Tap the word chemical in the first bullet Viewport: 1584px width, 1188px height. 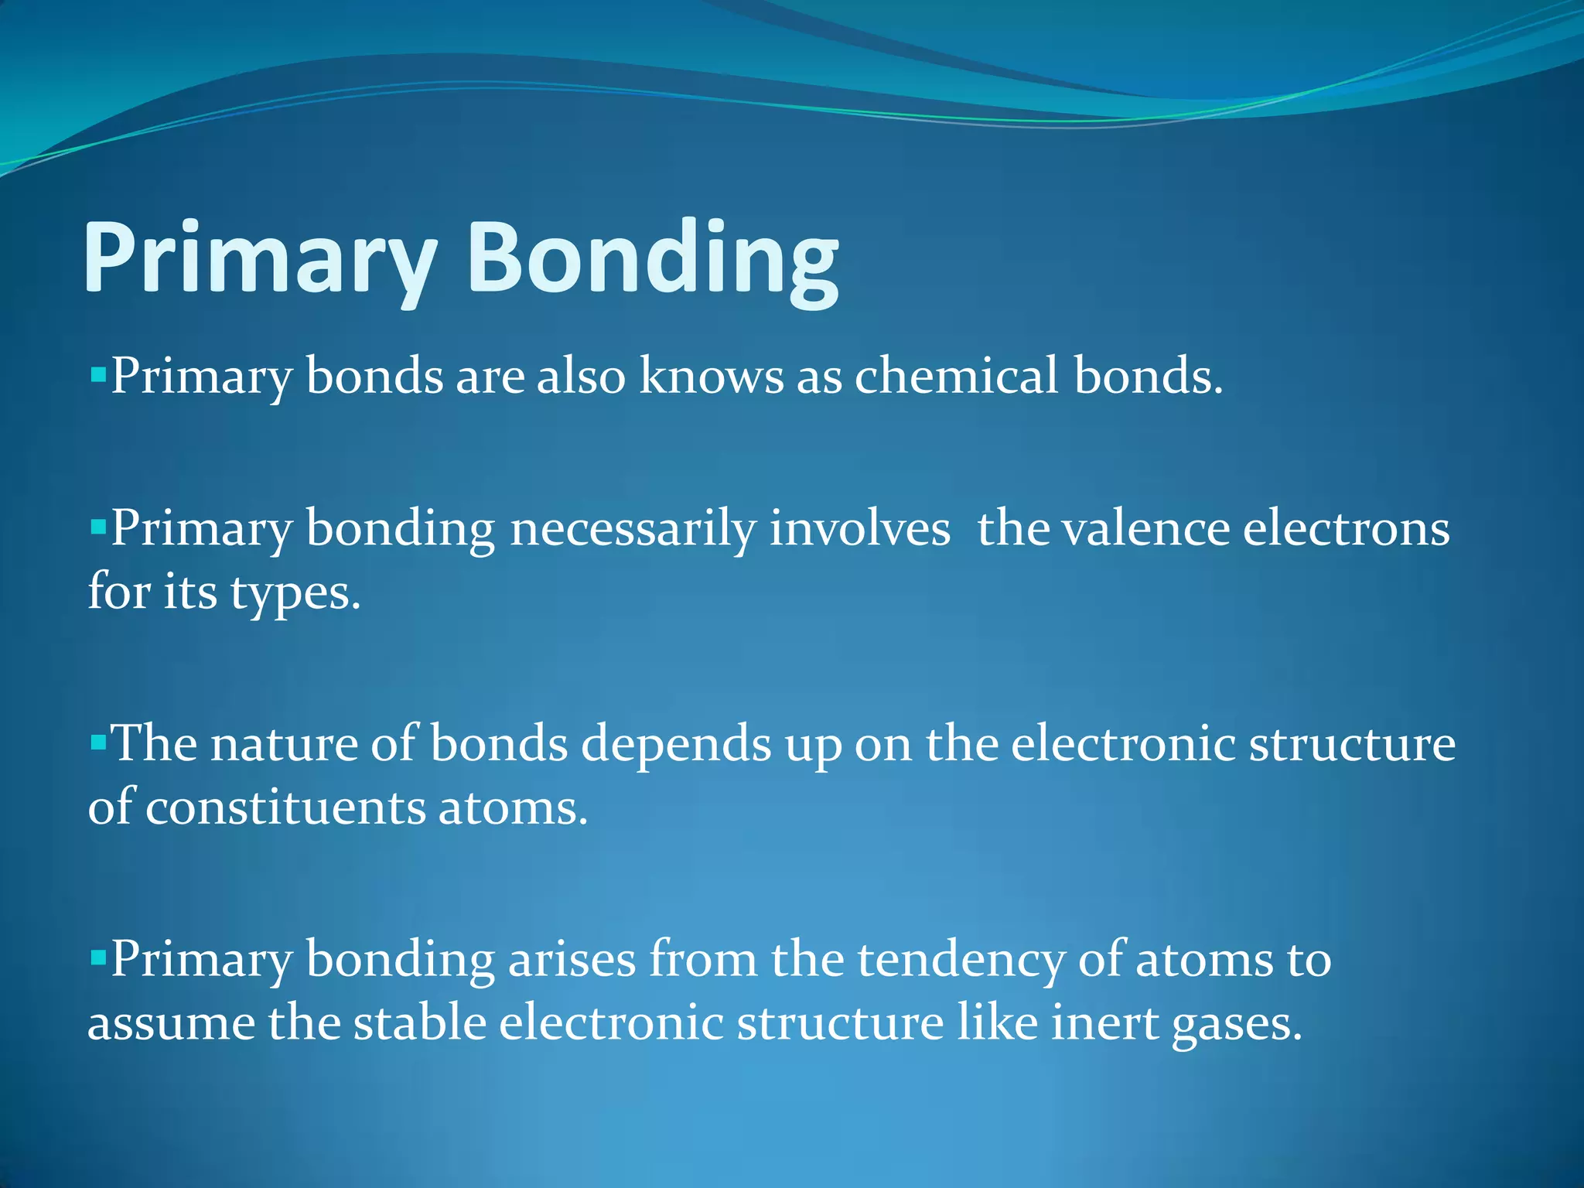tap(955, 376)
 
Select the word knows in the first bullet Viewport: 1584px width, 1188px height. tap(711, 376)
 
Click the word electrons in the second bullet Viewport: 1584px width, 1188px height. tap(1346, 530)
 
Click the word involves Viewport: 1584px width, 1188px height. tap(859, 530)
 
